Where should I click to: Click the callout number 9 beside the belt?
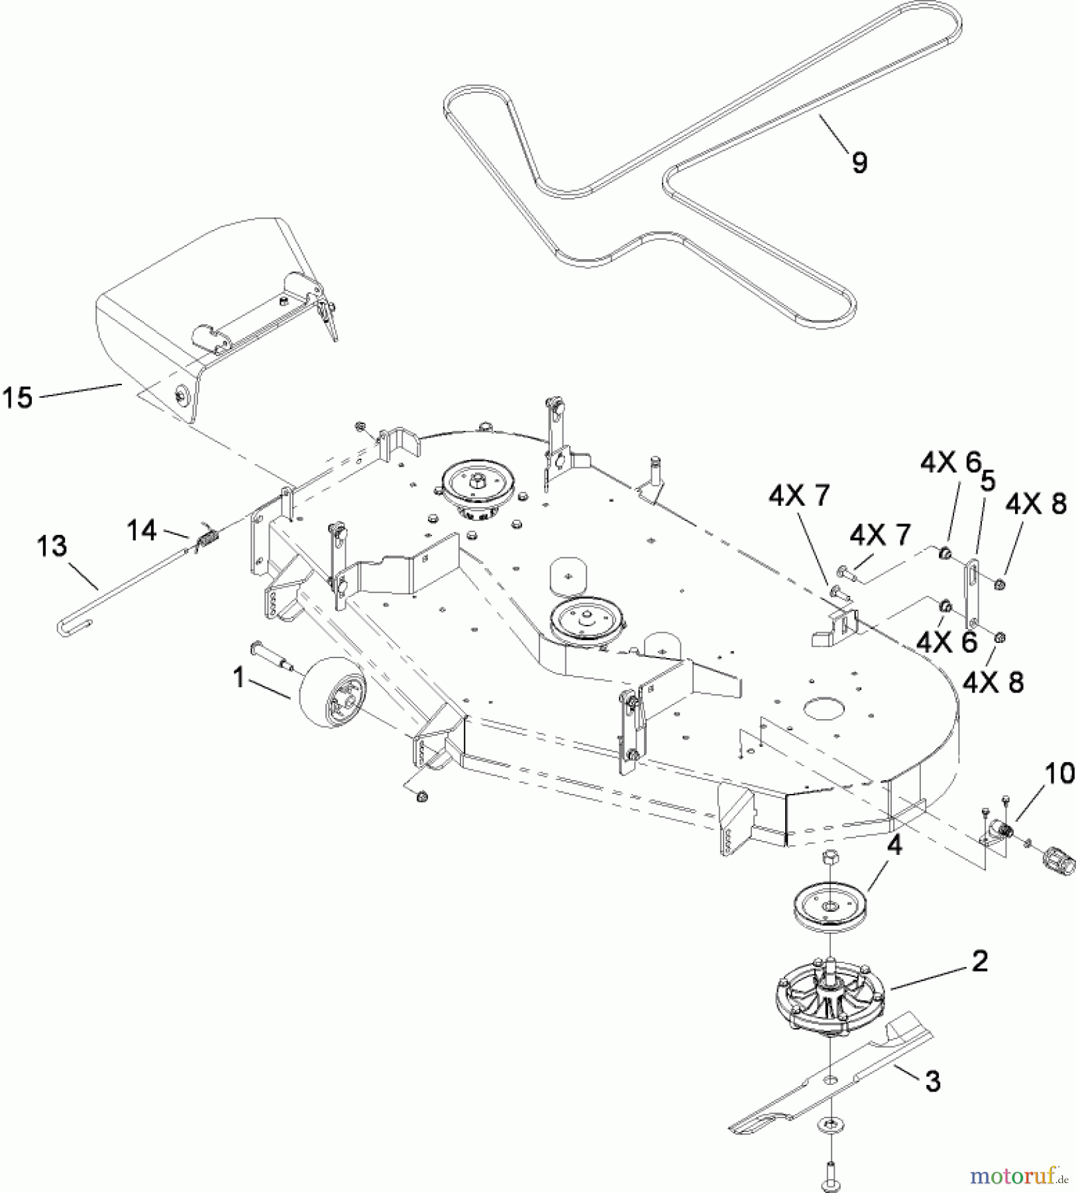(x=859, y=162)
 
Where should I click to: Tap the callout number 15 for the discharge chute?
(x=18, y=398)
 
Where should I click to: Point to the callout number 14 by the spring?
(x=142, y=530)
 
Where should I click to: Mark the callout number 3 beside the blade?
(x=932, y=1082)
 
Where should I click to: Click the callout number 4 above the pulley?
(x=894, y=846)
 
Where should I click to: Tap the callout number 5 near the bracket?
(x=987, y=482)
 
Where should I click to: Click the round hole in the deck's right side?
(x=824, y=707)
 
